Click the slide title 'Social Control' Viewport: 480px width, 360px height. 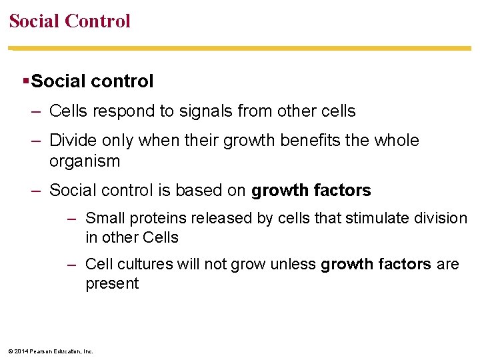[70, 21]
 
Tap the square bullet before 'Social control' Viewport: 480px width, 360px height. [25, 81]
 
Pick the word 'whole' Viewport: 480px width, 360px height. [395, 141]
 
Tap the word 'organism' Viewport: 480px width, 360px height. [85, 161]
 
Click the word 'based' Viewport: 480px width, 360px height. [199, 191]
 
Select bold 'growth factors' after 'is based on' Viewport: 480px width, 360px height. [311, 191]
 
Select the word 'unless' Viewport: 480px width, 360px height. [294, 264]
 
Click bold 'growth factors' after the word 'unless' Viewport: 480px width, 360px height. [375, 264]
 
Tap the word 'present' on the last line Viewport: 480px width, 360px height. [112, 284]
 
